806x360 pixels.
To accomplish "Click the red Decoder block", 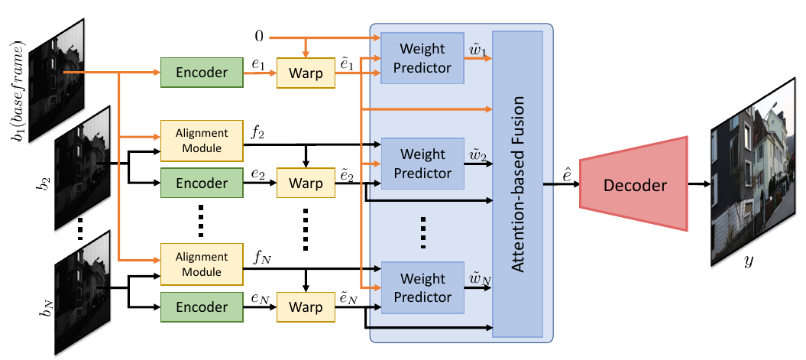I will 633,184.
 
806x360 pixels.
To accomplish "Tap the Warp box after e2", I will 306,184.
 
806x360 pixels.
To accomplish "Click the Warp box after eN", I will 306,306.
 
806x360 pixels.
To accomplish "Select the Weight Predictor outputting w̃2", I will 422,164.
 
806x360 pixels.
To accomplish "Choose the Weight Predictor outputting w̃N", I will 422,287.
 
